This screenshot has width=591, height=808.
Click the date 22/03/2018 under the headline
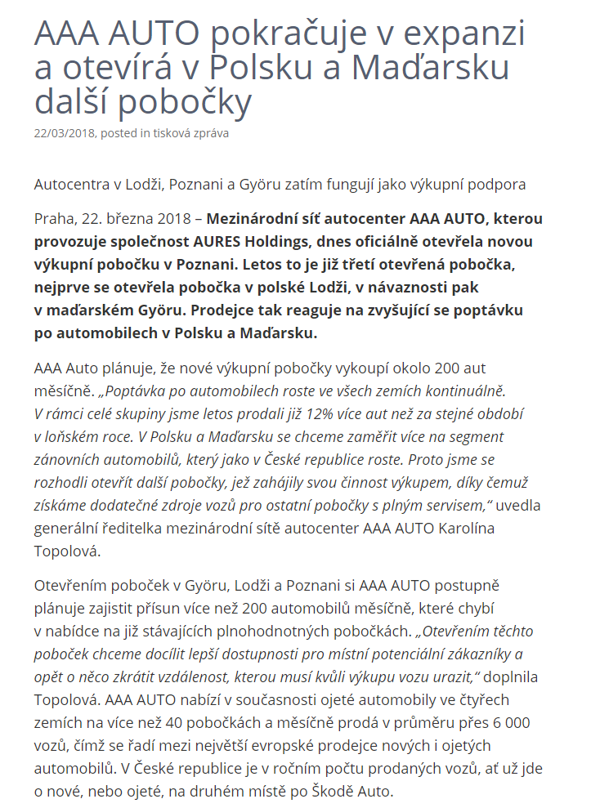pyautogui.click(x=65, y=133)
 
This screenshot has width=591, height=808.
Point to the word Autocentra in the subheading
pyautogui.click(x=69, y=185)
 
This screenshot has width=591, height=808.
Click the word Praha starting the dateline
pyautogui.click(x=53, y=219)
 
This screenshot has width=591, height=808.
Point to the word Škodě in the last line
pyautogui.click(x=313, y=792)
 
